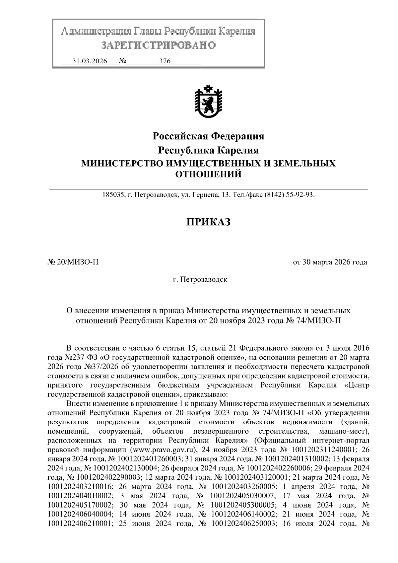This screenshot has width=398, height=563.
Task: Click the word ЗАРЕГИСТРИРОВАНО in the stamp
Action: (158, 45)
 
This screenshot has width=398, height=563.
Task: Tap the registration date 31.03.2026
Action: (90, 61)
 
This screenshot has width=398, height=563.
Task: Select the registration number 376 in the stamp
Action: (165, 61)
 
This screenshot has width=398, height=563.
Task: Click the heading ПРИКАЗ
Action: (208, 222)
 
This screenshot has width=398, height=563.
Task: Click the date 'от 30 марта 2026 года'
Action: (330, 262)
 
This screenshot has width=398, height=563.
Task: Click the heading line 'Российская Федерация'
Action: (208, 136)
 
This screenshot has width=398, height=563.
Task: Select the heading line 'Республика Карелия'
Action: (208, 150)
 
